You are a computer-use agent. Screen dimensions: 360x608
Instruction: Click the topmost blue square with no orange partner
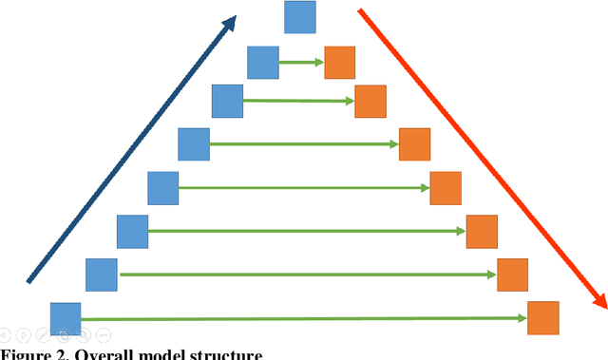click(300, 16)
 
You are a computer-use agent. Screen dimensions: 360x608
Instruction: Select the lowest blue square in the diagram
click(66, 318)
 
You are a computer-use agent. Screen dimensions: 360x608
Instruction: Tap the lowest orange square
click(543, 317)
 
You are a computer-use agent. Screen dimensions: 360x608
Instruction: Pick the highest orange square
click(339, 63)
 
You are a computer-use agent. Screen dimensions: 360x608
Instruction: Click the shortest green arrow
click(301, 64)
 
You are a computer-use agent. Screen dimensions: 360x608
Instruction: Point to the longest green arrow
click(303, 318)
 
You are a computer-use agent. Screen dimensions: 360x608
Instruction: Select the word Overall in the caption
click(103, 354)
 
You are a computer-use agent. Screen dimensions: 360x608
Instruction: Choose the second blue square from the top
click(263, 63)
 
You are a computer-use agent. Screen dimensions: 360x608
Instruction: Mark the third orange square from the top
click(414, 144)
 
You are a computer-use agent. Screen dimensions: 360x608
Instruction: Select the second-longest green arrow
click(307, 275)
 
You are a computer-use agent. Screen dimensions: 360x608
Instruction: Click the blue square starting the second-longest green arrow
click(101, 275)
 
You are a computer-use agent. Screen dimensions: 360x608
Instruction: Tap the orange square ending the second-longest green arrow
click(513, 274)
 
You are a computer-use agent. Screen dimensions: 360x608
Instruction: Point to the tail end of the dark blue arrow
click(29, 280)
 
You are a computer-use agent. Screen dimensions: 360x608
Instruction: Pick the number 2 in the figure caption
click(61, 354)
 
